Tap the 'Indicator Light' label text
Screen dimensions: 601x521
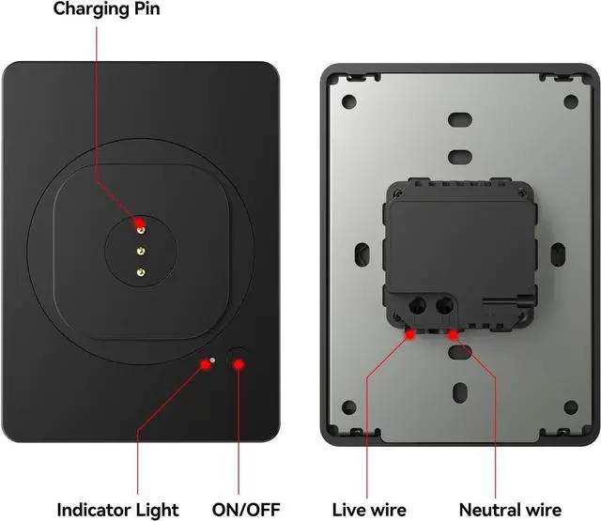(x=117, y=510)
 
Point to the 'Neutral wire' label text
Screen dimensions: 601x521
(x=511, y=510)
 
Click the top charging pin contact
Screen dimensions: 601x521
(x=139, y=225)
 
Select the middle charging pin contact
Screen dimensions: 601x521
(x=139, y=250)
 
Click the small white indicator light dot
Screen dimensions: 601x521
(x=213, y=359)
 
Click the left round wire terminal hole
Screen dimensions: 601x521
(x=413, y=305)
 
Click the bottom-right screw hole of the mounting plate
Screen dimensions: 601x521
(x=571, y=407)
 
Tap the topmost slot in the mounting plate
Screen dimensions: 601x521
(x=460, y=120)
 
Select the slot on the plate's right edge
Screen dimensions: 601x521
(x=557, y=253)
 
